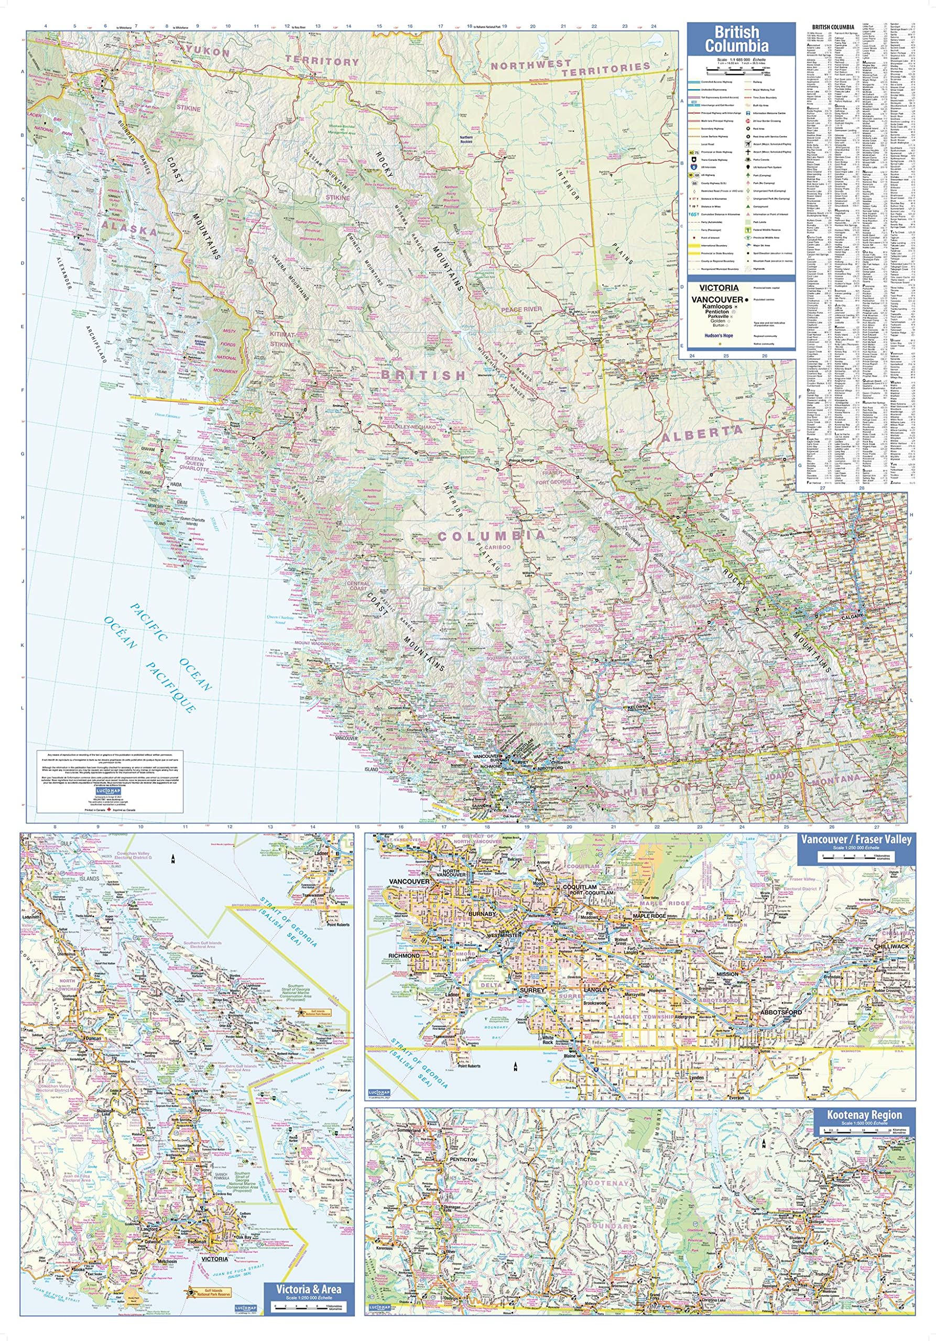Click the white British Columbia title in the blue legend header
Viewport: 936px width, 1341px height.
pos(741,39)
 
